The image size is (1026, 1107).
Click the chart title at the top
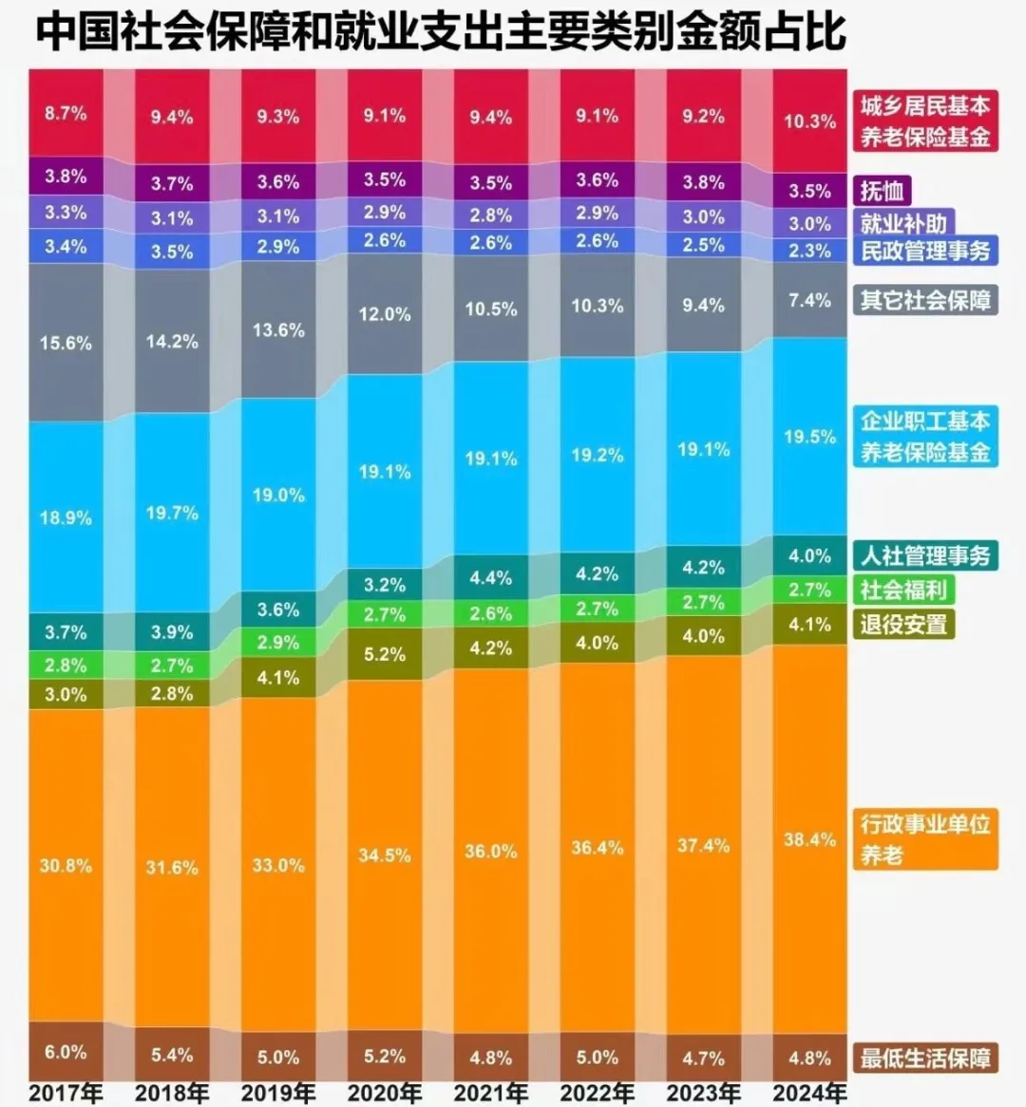coord(440,31)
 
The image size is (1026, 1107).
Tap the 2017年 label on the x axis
coord(66,1093)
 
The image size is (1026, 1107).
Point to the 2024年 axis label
coord(809,1093)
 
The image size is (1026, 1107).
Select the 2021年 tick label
coord(490,1093)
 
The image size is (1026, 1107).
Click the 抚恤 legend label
coord(883,191)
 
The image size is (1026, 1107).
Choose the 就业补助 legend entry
coord(903,224)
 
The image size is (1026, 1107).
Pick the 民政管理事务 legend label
coord(925,251)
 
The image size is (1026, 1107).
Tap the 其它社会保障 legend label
coord(925,301)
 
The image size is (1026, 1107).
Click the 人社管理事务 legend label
coord(925,555)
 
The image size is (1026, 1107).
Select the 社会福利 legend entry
coord(903,590)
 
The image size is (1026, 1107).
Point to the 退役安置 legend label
coord(903,625)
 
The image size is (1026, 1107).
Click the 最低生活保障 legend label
coord(925,1058)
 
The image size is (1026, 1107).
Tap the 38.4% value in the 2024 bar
coord(809,840)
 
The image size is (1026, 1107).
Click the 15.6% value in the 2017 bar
coord(66,343)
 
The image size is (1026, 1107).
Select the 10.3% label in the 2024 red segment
coord(809,122)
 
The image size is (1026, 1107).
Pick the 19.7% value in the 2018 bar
coord(172,514)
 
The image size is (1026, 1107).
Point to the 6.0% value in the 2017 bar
coord(66,1052)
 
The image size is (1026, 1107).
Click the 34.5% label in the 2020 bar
coord(385,855)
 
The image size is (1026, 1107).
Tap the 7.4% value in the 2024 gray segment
coord(809,300)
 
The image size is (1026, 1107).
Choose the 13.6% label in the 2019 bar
coord(278,330)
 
